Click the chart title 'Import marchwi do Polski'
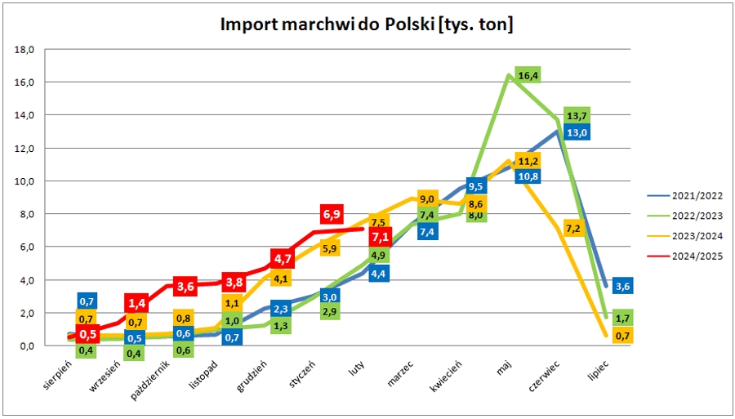tap(367, 25)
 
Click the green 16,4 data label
tap(528, 76)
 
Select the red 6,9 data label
tap(332, 214)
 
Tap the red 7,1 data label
tap(381, 237)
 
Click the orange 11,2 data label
tap(528, 161)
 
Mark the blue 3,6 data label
tap(622, 285)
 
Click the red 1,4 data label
tap(137, 303)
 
